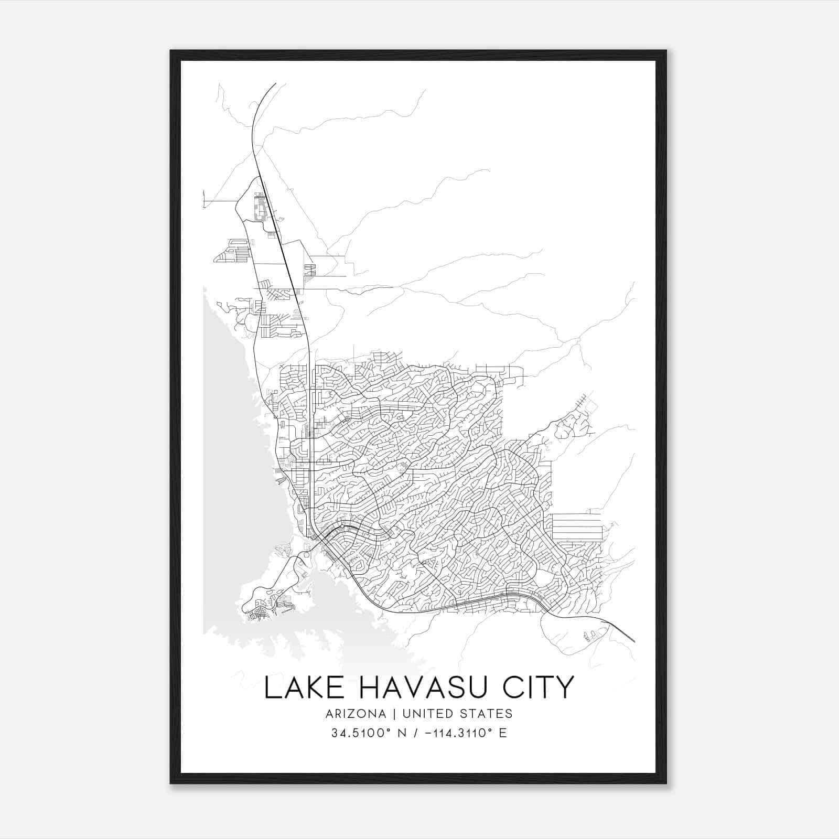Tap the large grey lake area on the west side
tap(225, 419)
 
